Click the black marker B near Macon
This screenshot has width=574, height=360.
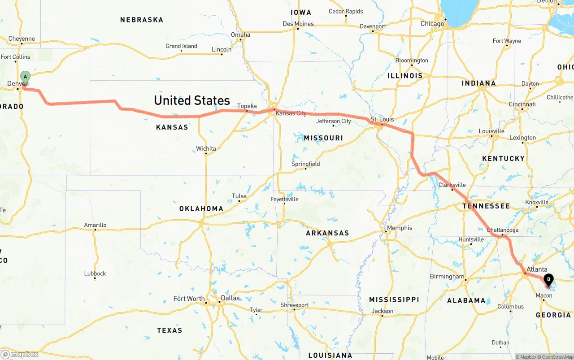coord(548,280)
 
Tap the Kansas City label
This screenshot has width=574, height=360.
coord(291,113)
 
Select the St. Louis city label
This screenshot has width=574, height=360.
coord(382,119)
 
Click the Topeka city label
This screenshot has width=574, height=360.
coord(247,106)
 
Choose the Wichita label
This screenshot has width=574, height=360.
coord(206,148)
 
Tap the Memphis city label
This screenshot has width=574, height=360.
coord(399,228)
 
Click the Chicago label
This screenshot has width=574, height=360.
coord(432,24)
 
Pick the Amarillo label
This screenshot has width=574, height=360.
coord(95,225)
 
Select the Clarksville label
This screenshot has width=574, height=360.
coord(452,185)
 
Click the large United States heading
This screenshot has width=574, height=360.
coord(192,100)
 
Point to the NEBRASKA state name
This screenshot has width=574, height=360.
coord(142,20)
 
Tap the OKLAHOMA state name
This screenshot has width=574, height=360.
coord(201,208)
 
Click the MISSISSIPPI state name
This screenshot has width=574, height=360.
coord(394,299)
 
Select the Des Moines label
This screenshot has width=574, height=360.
coord(298,24)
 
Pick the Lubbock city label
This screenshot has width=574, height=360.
coord(95,273)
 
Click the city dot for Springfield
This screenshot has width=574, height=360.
coord(306,169)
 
